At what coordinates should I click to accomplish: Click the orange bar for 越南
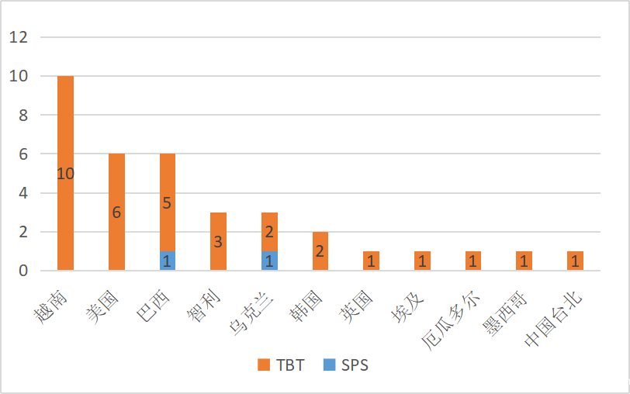coord(65,140)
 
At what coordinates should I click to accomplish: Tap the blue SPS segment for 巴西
coord(168,261)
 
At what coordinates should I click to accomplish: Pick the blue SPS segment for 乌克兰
coord(269,261)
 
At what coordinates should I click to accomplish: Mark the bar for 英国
coord(371,261)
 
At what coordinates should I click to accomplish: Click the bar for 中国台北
coord(575,261)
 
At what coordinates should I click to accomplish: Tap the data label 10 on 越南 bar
coord(65,174)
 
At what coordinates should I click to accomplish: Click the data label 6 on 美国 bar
coord(116,213)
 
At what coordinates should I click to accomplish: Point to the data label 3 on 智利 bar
coord(218,242)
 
